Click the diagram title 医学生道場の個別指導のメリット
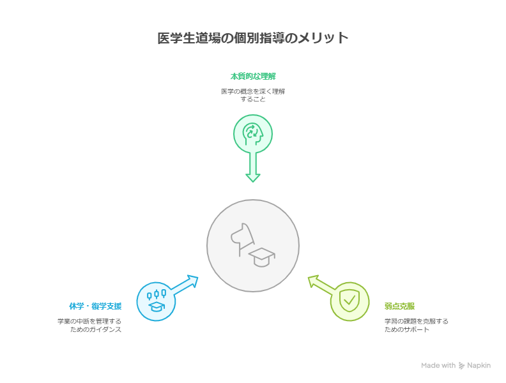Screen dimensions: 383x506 (x=253, y=38)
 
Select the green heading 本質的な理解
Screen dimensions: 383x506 (x=253, y=76)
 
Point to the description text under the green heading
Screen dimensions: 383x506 (x=253, y=95)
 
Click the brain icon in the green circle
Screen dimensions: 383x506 (x=253, y=134)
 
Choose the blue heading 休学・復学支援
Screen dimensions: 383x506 (x=95, y=306)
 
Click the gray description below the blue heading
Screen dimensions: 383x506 (x=89, y=326)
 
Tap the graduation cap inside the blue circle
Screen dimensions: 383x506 (x=157, y=307)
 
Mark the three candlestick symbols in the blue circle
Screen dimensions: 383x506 (x=157, y=294)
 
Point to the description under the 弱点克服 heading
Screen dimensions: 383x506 (x=416, y=326)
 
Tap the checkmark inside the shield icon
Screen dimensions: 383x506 (x=349, y=300)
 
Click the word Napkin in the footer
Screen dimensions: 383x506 (x=479, y=366)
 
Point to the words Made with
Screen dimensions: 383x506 (x=438, y=366)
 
